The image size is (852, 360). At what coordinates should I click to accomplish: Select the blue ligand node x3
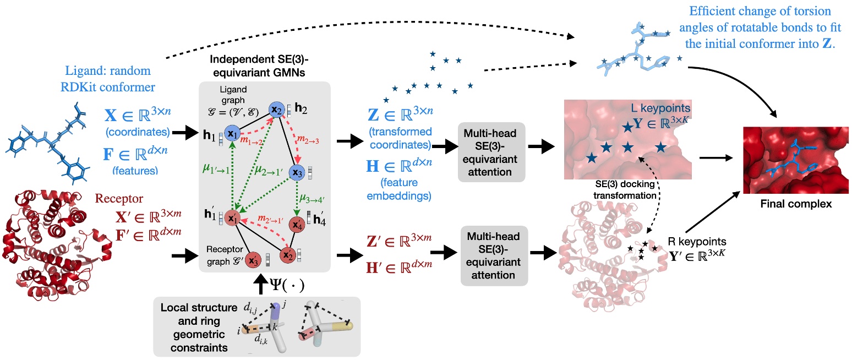[298, 172]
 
